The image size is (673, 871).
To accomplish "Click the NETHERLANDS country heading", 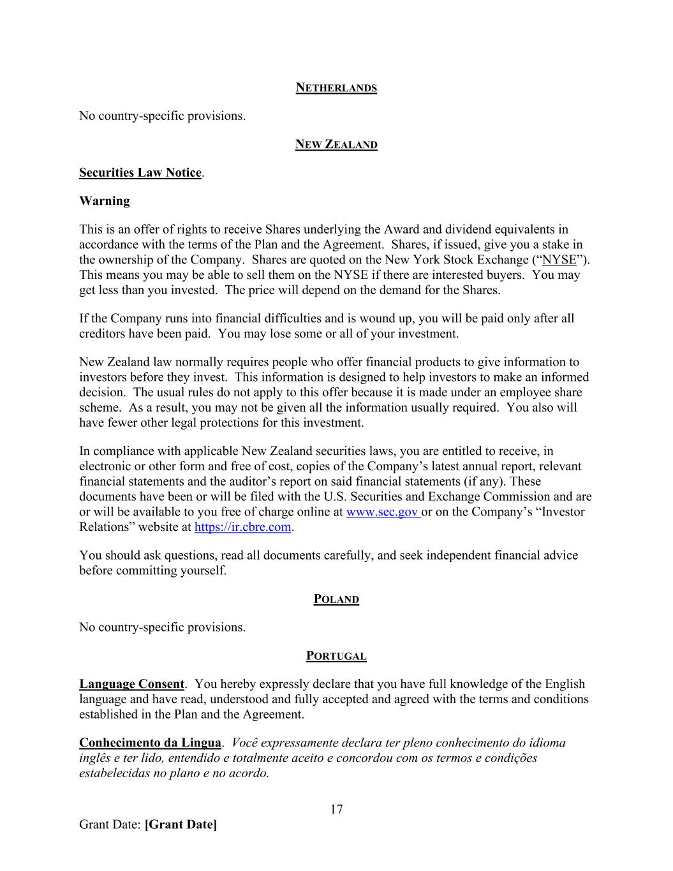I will coord(336,88).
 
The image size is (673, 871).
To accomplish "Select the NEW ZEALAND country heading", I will coord(336,145).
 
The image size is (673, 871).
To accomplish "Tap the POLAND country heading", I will coord(336,599).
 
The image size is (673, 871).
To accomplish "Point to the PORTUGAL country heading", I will coord(336,656).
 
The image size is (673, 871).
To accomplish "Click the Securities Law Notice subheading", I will coord(140,173).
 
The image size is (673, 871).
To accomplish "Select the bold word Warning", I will coord(105,201).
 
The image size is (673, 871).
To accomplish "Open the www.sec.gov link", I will coord(382,512).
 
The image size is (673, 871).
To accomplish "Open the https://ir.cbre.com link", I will coord(242,528).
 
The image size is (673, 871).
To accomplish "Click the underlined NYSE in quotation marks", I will coord(559,260).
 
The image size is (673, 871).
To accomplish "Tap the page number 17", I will coord(336,810).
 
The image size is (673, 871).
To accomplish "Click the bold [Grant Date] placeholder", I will coord(181,825).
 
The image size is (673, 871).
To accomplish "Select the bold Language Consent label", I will coord(131,684).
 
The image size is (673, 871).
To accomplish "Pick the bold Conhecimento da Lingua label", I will coord(150,743).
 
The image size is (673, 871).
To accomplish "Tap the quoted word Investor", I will coord(561,512).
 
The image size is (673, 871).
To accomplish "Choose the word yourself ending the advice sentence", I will coord(203,570).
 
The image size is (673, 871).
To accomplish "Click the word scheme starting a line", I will coord(98,408).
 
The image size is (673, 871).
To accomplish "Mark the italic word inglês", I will coord(95,758).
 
